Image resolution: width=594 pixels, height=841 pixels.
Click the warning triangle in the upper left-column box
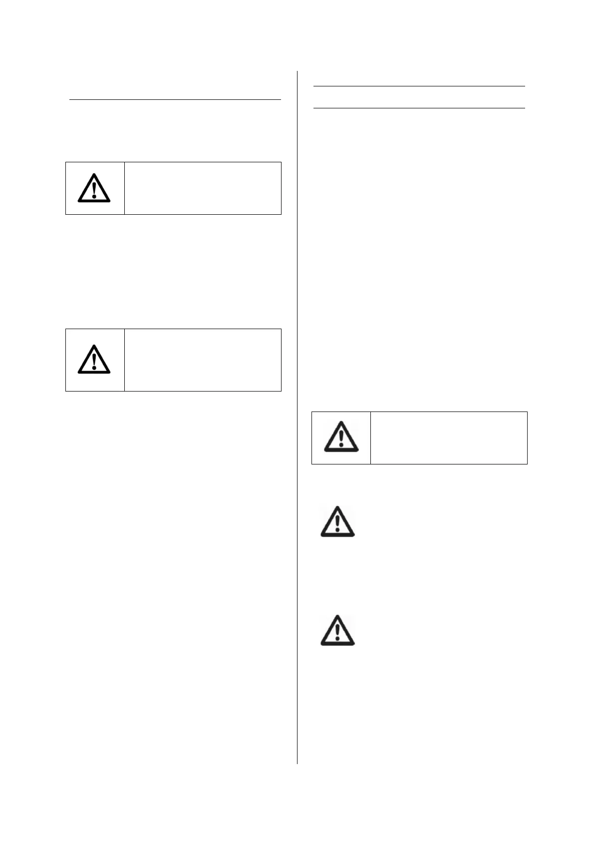pyautogui.click(x=94, y=189)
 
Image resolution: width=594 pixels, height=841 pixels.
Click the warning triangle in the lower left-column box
pyautogui.click(x=94, y=360)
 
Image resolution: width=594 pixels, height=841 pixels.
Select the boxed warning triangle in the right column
pyautogui.click(x=341, y=437)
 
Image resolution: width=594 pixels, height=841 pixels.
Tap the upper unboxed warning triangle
pyautogui.click(x=337, y=522)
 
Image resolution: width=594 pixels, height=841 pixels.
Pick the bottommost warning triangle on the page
pyautogui.click(x=337, y=631)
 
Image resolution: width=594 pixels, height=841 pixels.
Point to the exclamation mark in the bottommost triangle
pyautogui.click(x=337, y=632)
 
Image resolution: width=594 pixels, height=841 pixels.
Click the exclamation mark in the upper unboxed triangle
pyautogui.click(x=337, y=523)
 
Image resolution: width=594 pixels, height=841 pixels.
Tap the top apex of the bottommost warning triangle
pyautogui.click(x=337, y=616)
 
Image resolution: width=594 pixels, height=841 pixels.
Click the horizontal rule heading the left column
pyautogui.click(x=175, y=100)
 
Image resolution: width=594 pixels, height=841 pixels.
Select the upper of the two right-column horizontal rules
pyautogui.click(x=419, y=86)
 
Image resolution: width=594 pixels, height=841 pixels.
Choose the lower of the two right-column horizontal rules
pyautogui.click(x=419, y=108)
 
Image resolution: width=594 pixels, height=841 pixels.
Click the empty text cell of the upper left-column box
pyautogui.click(x=203, y=188)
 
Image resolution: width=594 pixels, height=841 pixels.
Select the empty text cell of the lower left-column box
pyautogui.click(x=203, y=360)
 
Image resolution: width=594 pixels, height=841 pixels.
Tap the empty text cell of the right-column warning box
pyautogui.click(x=449, y=438)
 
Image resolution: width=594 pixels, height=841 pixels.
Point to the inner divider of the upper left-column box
pyautogui.click(x=124, y=188)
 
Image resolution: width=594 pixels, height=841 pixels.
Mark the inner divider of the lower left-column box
pyautogui.click(x=124, y=360)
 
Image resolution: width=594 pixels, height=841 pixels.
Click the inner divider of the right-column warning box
pyautogui.click(x=370, y=438)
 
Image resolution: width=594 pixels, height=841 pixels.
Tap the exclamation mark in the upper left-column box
pyautogui.click(x=94, y=190)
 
